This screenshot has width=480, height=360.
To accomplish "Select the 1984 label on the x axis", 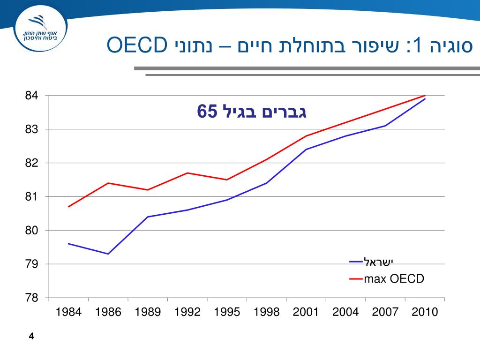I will pyautogui.click(x=68, y=312).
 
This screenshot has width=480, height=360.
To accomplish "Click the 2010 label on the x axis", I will pyautogui.click(x=425, y=312).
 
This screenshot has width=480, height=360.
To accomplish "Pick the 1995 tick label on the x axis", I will pyautogui.click(x=227, y=312).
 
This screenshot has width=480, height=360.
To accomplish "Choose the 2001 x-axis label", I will pyautogui.click(x=306, y=312).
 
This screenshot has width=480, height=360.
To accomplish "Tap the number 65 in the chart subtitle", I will pyautogui.click(x=208, y=112).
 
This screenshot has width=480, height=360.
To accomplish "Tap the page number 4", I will pyautogui.click(x=31, y=336).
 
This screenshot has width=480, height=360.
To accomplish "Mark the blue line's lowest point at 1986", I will pyautogui.click(x=108, y=254).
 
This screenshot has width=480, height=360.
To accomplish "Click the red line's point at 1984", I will pyautogui.click(x=68, y=207).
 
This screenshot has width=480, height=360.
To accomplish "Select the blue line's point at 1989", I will pyautogui.click(x=148, y=217).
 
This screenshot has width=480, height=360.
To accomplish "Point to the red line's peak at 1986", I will pyautogui.click(x=108, y=183).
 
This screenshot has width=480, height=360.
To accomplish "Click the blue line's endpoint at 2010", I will pyautogui.click(x=425, y=99).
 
